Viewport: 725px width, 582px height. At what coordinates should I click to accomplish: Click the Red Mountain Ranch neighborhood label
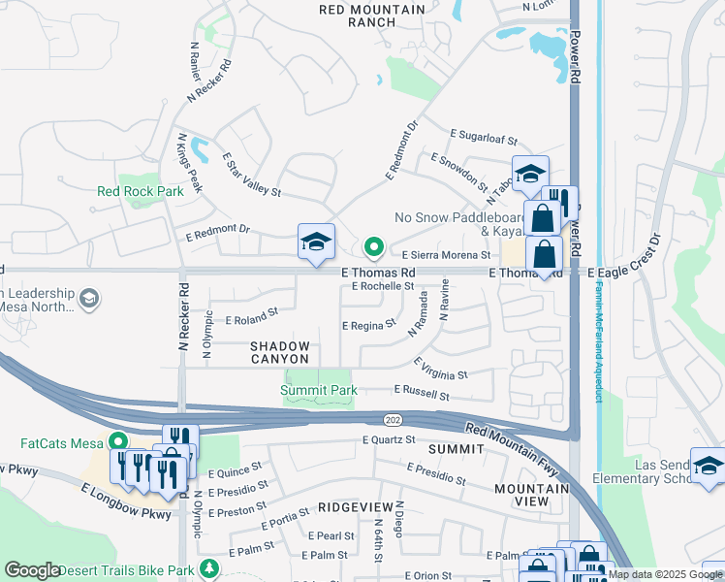coord(372,16)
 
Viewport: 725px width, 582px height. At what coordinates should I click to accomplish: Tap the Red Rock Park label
coord(141,191)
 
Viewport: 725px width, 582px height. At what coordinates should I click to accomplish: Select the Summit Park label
coord(318,390)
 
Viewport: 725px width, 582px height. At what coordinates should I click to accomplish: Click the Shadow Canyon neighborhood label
coord(280,353)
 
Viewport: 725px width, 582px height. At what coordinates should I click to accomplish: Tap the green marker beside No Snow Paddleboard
coord(373,244)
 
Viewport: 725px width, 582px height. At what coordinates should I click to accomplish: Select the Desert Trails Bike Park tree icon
coord(206,566)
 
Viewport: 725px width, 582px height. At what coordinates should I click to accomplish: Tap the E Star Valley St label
coord(250,175)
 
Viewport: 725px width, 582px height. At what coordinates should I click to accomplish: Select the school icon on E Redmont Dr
coord(316,242)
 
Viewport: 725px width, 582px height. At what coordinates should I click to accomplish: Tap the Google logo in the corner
coord(32,570)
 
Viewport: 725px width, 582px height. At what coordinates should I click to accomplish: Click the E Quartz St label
coord(388,439)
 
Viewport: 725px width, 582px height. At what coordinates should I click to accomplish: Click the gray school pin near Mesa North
coord(89,298)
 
